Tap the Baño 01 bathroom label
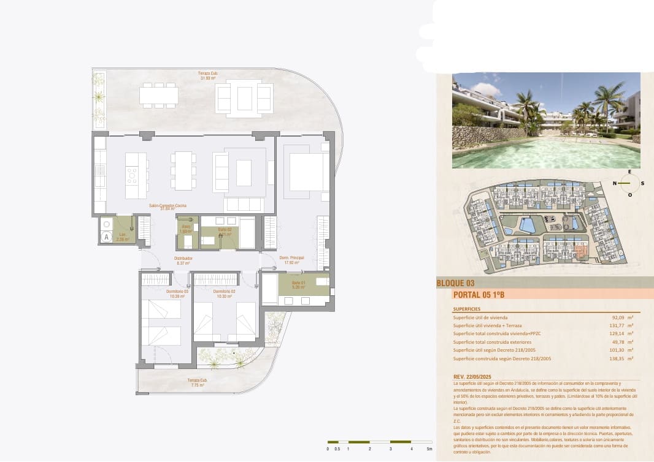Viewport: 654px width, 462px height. [298, 284]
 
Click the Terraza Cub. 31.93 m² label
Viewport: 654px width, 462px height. [209, 75]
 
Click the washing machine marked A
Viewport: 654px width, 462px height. [107, 236]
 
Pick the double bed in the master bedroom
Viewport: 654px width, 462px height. [309, 172]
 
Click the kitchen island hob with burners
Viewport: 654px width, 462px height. [131, 176]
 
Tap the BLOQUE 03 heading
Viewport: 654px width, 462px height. [455, 283]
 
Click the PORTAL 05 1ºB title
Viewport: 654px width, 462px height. [479, 295]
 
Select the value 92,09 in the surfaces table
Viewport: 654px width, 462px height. [617, 317]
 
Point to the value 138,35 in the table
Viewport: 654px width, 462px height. [616, 358]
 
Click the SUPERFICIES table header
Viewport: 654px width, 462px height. [466, 309]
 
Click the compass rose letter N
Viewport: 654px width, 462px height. [615, 183]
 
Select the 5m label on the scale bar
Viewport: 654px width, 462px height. [429, 449]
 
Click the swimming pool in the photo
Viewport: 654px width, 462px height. [546, 153]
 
